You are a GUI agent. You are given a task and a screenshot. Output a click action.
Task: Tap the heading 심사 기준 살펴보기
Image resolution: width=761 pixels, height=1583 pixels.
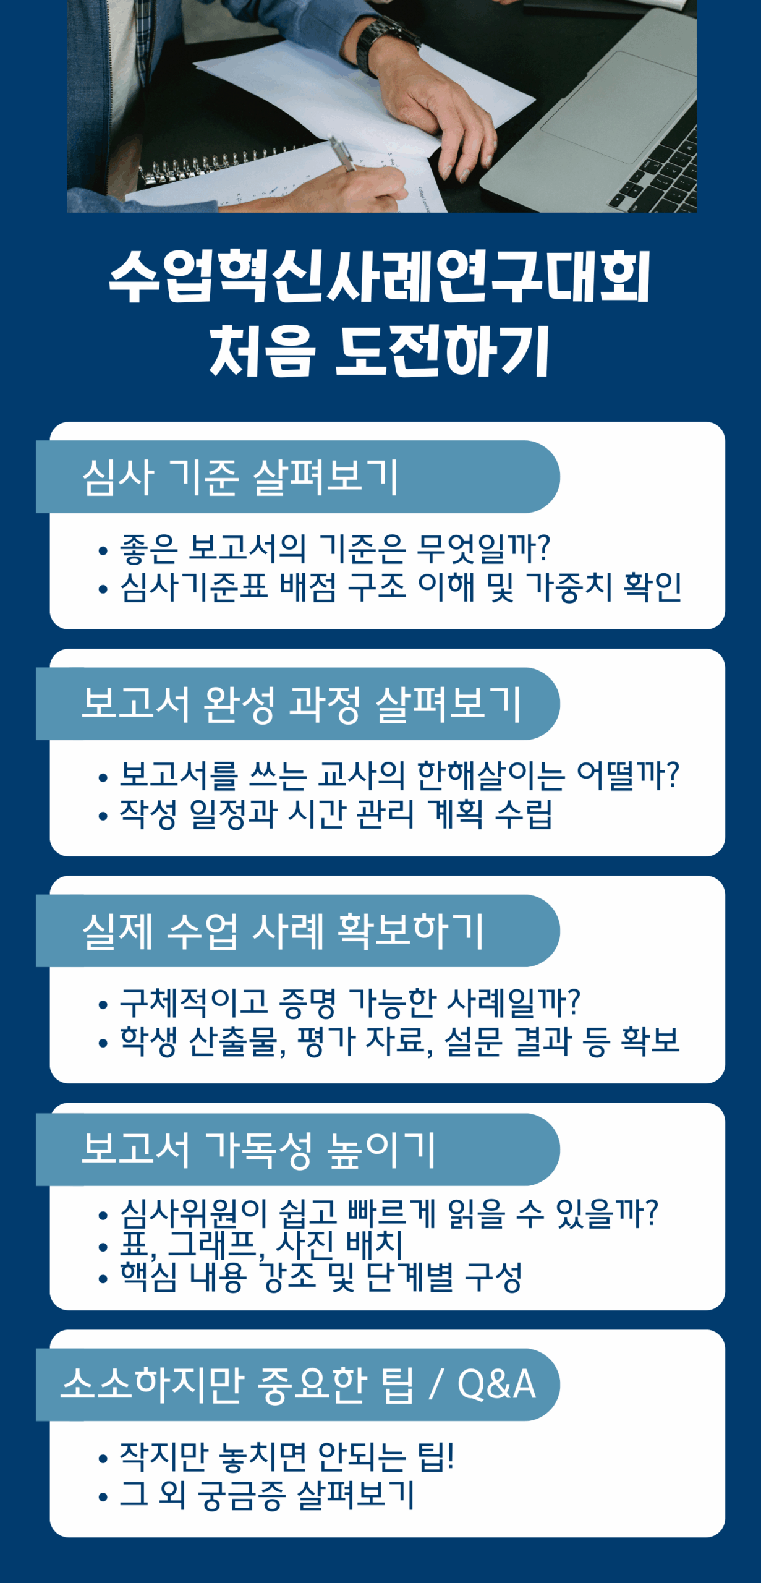tap(240, 477)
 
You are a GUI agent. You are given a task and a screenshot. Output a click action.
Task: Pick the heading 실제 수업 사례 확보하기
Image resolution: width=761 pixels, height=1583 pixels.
tap(283, 931)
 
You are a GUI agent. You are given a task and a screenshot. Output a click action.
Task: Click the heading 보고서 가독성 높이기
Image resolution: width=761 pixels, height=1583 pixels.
tap(259, 1150)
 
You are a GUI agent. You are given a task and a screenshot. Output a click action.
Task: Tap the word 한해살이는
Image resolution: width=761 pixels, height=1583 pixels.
tap(491, 775)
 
